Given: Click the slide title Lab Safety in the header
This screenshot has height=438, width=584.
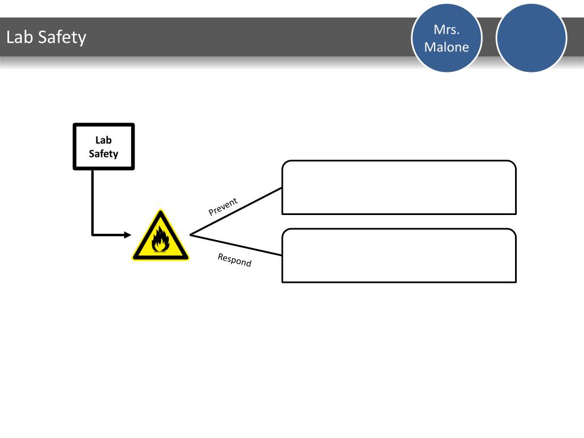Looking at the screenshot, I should click(46, 38).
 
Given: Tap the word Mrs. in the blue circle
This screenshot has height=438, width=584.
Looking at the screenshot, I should click(447, 30).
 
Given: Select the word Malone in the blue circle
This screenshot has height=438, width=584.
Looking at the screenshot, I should click(447, 47).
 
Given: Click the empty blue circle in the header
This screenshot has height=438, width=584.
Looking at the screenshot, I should click(531, 38).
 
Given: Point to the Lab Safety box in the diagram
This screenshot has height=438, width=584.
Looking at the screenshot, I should click(104, 147).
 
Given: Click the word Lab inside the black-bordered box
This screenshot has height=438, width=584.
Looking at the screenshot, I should click(104, 140).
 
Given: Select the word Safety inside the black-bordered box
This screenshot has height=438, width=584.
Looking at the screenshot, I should click(104, 153).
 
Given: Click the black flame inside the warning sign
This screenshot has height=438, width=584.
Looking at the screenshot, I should click(160, 240).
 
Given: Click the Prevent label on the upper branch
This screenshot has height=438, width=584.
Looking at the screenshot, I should click(223, 206).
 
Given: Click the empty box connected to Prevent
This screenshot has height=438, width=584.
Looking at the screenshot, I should click(399, 187).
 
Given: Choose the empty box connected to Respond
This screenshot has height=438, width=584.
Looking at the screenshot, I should click(399, 255).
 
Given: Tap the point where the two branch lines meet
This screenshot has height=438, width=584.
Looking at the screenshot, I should click(190, 234).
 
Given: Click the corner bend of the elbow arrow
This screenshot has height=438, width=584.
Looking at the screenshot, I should click(92, 234).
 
